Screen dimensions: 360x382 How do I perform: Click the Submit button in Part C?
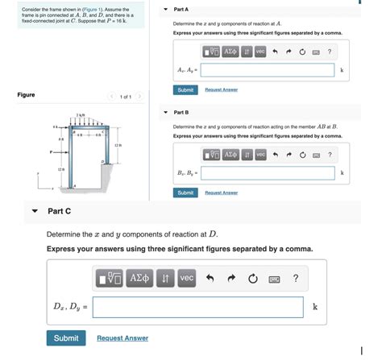pyautogui.click(x=66, y=338)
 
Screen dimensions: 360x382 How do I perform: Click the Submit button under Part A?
pyautogui.click(x=185, y=89)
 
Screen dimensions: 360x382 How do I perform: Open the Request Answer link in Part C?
pyautogui.click(x=122, y=338)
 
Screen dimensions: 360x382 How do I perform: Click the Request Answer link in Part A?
pyautogui.click(x=222, y=89)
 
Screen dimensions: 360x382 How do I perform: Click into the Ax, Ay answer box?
pyautogui.click(x=268, y=70)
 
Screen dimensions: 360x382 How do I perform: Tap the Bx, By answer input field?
pyautogui.click(x=268, y=173)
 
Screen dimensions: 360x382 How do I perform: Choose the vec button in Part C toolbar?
pyautogui.click(x=186, y=279)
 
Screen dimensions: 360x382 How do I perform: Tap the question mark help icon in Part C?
pyautogui.click(x=296, y=279)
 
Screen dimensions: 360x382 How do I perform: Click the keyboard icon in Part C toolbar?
pyautogui.click(x=274, y=279)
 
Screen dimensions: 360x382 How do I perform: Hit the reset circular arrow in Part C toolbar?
pyautogui.click(x=253, y=279)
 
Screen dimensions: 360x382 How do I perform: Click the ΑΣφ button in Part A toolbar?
pyautogui.click(x=230, y=52)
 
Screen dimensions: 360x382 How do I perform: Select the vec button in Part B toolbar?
pyautogui.click(x=260, y=155)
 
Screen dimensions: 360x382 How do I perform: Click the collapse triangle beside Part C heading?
pyautogui.click(x=34, y=211)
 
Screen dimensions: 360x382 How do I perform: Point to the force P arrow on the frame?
pyautogui.click(x=56, y=151)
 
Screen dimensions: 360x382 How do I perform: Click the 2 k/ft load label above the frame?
pyautogui.click(x=81, y=116)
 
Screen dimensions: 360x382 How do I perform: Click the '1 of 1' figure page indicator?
pyautogui.click(x=125, y=97)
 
